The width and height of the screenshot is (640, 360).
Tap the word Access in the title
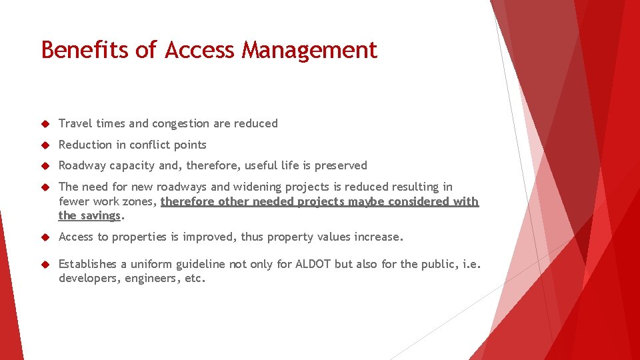pos(200,50)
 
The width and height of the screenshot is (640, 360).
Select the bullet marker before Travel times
pos(45,124)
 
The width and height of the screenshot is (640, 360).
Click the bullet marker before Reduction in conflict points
pos(45,145)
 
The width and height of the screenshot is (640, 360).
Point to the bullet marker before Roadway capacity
pos(45,166)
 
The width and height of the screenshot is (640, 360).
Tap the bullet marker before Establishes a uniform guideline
pos(45,265)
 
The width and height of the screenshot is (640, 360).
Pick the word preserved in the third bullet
pos(342,165)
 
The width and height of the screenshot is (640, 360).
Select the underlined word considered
pos(419,201)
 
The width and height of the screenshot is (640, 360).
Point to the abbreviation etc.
pos(194,279)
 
